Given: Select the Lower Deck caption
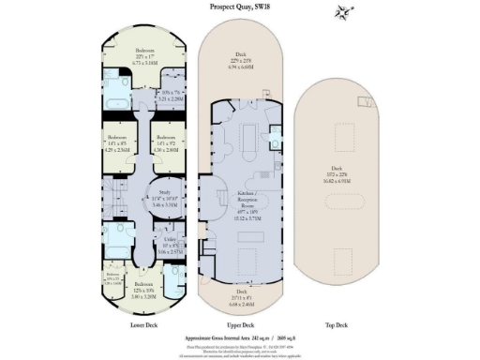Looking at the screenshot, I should pyautogui.click(x=143, y=324).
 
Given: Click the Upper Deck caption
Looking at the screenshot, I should pyautogui.click(x=240, y=324).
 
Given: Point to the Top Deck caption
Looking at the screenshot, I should pyautogui.click(x=336, y=324).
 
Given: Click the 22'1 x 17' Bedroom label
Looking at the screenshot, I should pyautogui.click(x=144, y=57).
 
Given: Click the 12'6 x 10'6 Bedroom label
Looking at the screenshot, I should pyautogui.click(x=142, y=288).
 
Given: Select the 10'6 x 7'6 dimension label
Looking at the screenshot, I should pyautogui.click(x=171, y=94).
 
